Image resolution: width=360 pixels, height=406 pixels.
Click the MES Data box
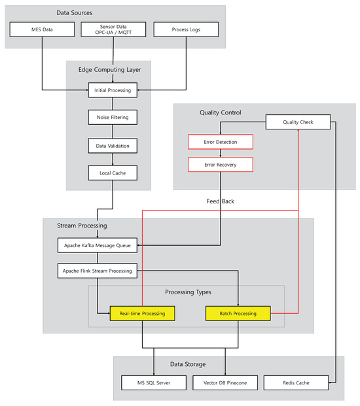(42, 29)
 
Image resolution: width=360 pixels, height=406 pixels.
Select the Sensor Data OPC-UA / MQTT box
(113, 29)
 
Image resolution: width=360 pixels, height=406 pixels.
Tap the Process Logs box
(185, 29)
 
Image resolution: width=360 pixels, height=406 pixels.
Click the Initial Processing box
(113, 90)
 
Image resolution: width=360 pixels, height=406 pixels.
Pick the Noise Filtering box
(113, 118)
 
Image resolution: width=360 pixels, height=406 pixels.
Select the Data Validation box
(113, 145)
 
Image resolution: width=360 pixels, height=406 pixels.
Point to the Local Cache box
(113, 173)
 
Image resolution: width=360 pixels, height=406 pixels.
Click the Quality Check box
(298, 122)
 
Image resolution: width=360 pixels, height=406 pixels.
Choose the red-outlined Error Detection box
(221, 142)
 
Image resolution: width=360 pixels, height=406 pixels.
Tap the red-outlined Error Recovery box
(221, 164)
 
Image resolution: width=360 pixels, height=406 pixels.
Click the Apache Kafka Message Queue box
(97, 246)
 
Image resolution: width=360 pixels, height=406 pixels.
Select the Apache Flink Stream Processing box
(98, 270)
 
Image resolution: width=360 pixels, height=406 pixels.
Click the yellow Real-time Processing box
(142, 314)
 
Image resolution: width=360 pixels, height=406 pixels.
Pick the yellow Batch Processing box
(238, 314)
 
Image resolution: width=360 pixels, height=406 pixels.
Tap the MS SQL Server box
(154, 382)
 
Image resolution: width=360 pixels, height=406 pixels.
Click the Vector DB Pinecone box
(225, 382)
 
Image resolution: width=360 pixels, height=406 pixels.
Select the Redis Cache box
(296, 382)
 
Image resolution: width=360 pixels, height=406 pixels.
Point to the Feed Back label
(220, 201)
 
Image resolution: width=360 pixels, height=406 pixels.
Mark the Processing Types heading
(188, 292)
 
